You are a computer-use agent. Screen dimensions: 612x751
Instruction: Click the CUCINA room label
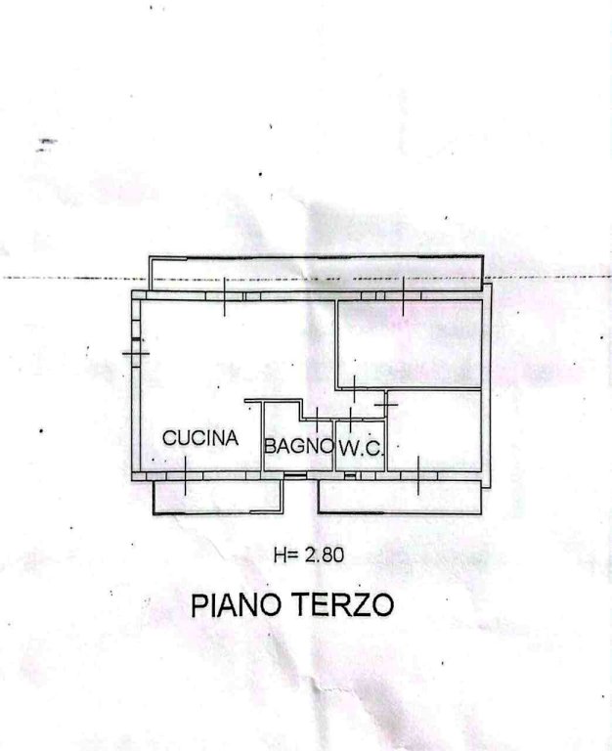pyautogui.click(x=200, y=438)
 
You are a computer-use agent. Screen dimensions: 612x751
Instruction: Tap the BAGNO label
pyautogui.click(x=299, y=446)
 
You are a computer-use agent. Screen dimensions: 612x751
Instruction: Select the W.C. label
pyautogui.click(x=361, y=448)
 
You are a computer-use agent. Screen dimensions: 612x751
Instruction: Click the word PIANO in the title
pyautogui.click(x=236, y=605)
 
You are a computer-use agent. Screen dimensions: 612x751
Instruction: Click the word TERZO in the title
pyautogui.click(x=343, y=604)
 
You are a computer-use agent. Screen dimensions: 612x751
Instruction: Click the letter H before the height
pyautogui.click(x=281, y=555)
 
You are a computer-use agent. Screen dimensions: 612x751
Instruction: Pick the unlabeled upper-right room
pyautogui.click(x=409, y=343)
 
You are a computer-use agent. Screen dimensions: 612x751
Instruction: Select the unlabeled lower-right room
pyautogui.click(x=434, y=430)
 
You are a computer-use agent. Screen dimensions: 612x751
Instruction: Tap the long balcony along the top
pyautogui.click(x=316, y=274)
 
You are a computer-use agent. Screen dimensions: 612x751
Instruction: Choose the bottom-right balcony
pyautogui.click(x=400, y=497)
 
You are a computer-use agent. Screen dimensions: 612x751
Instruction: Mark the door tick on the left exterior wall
pyautogui.click(x=136, y=353)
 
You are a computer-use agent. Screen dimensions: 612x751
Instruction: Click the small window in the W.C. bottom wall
pyautogui.click(x=350, y=475)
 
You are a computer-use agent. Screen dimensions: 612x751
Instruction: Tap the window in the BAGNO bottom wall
pyautogui.click(x=295, y=475)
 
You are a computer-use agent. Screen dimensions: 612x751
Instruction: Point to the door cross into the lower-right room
pyautogui.click(x=386, y=405)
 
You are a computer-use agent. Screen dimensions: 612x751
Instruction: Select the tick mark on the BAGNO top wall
pyautogui.click(x=317, y=420)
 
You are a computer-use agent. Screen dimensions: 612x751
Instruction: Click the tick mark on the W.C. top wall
pyautogui.click(x=351, y=420)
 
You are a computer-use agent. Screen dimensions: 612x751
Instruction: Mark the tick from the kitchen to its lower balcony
pyautogui.click(x=186, y=475)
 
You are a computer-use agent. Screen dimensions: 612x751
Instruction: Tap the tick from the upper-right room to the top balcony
pyautogui.click(x=403, y=296)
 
